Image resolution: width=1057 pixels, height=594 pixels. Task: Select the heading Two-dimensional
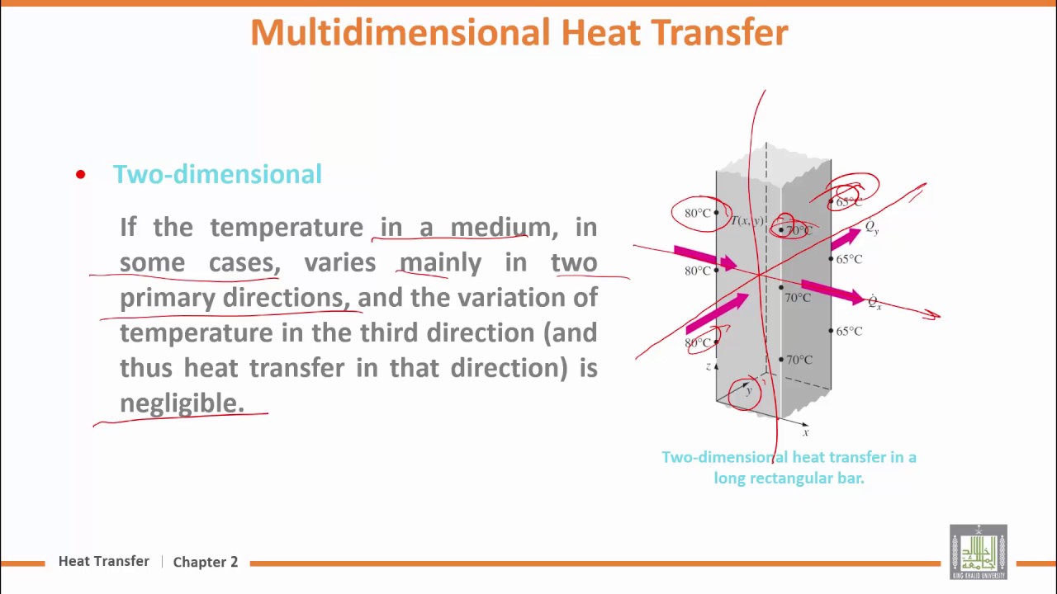217,174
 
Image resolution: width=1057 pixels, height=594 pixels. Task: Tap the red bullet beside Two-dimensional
80,174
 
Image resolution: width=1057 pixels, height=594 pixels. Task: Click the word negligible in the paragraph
182,403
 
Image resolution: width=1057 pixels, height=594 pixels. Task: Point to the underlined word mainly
440,262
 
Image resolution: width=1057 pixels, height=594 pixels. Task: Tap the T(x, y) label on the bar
747,221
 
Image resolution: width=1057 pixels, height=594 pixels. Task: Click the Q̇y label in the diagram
872,227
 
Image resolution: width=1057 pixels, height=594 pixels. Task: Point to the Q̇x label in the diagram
875,303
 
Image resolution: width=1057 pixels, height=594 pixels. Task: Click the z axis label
709,366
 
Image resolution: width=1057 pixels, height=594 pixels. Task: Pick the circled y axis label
747,390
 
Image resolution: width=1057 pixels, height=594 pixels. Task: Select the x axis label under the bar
805,432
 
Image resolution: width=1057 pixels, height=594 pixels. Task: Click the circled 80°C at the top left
698,214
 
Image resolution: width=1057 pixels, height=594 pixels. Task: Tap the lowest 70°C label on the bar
799,360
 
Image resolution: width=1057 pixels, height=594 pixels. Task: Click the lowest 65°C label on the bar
849,332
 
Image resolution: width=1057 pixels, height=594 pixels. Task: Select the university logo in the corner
978,552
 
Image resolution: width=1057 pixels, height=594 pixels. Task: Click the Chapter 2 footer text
206,562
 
